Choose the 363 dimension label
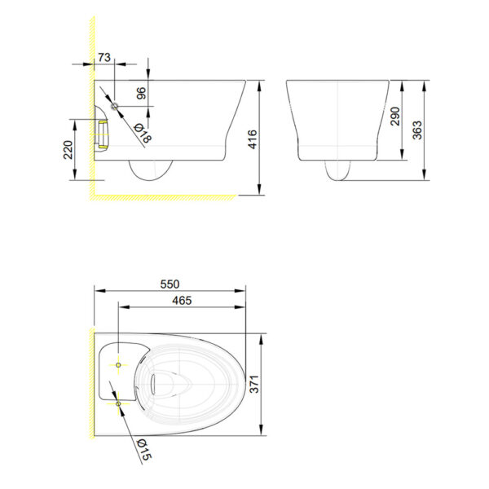tap(416, 129)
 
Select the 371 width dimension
tap(253, 384)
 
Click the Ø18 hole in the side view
tap(114, 107)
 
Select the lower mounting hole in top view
tap(120, 402)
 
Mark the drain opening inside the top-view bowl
tap(171, 383)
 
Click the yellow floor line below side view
tap(163, 196)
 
